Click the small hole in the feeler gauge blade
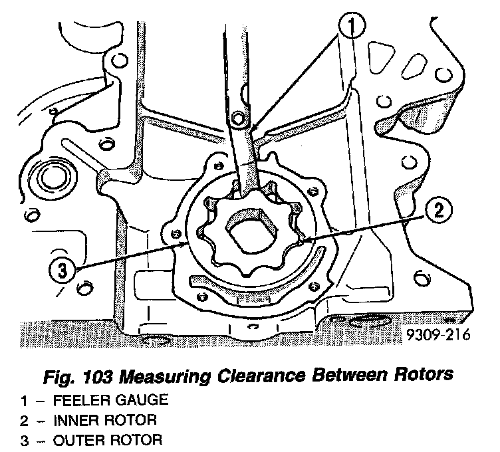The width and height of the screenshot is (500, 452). pos(240,119)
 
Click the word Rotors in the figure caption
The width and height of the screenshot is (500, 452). pos(423,374)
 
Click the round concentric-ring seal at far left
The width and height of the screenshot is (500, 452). pos(51,177)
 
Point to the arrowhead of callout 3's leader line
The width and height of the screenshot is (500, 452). pos(188,245)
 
